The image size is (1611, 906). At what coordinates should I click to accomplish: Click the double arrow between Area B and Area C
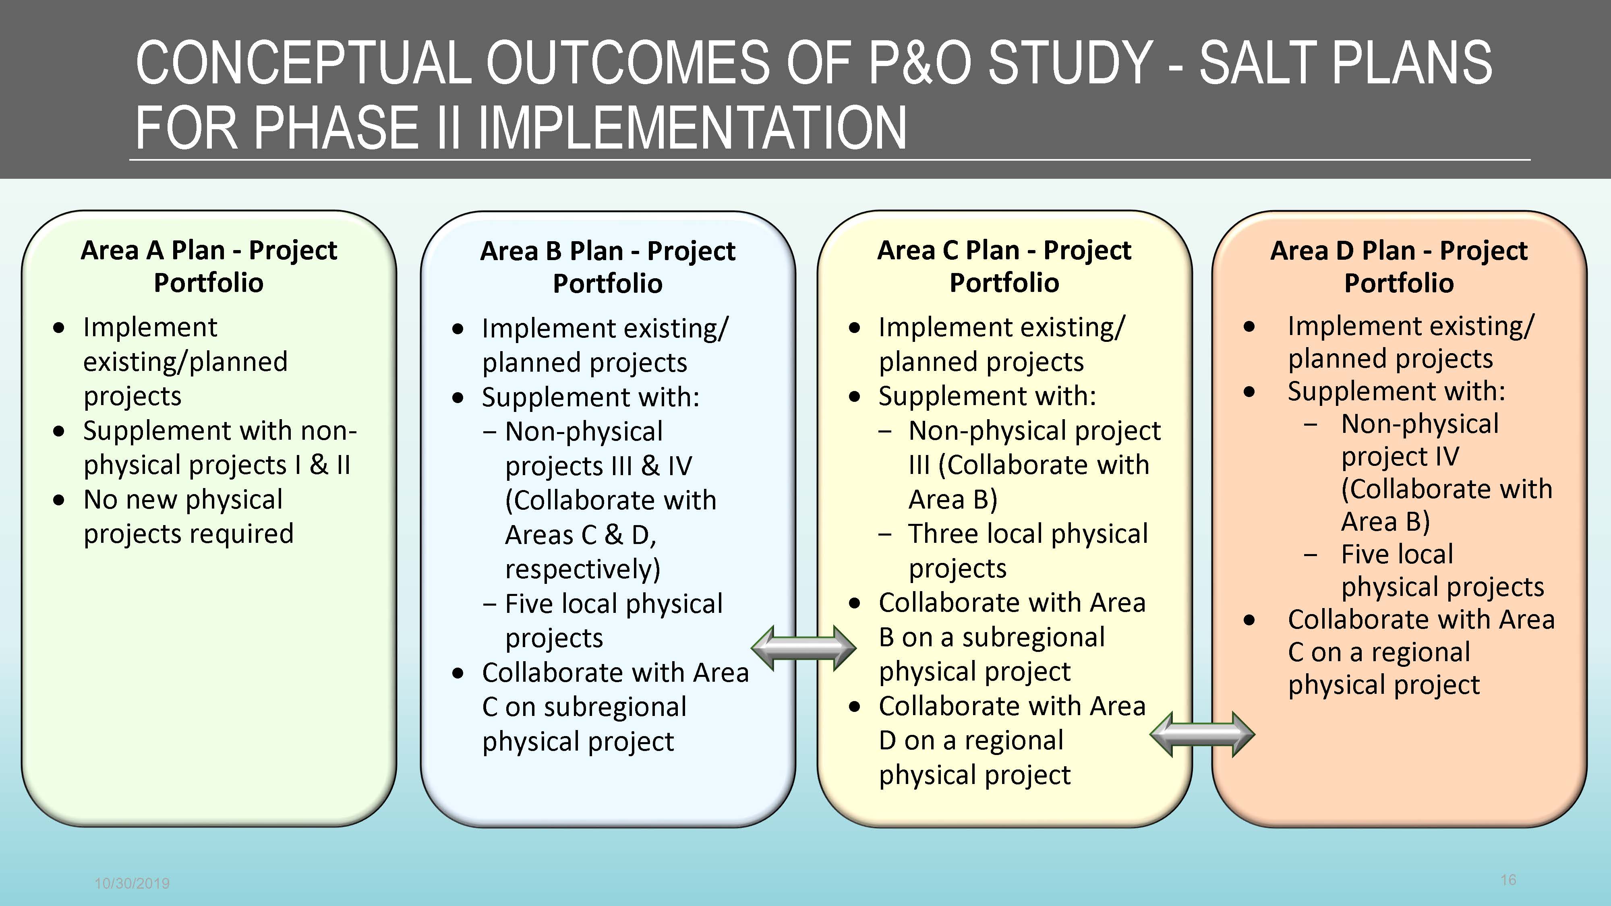coord(803,648)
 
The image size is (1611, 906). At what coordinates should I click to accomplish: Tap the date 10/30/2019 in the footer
coord(132,883)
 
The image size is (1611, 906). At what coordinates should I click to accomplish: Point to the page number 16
coord(1508,880)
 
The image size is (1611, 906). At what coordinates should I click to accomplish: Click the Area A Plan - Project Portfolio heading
coord(209,266)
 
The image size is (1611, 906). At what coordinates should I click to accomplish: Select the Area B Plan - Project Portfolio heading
coord(608,267)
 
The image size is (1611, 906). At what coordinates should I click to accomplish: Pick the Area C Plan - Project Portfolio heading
coord(1004,266)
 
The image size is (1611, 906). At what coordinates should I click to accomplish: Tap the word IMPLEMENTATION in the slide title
coord(692,128)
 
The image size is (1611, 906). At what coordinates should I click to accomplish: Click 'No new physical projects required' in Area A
coord(188,517)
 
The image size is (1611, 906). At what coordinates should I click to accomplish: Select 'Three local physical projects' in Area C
coord(1028,551)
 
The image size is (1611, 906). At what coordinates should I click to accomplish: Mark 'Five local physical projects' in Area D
coord(1442,570)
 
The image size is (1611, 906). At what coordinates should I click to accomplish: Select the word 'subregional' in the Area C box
coord(1033,637)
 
